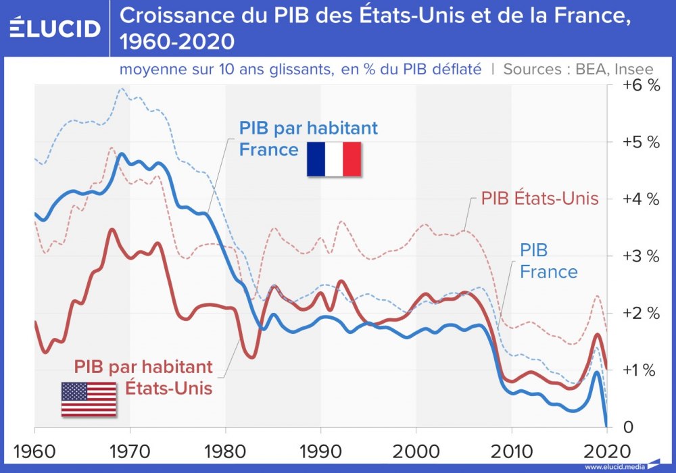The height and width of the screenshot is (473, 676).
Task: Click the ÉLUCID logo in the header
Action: pyautogui.click(x=55, y=28)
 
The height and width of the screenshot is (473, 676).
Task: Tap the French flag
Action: pyautogui.click(x=333, y=159)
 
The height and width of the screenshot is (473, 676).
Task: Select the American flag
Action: pyautogui.click(x=89, y=399)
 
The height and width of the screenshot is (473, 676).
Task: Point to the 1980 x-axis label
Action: pyautogui.click(x=225, y=449)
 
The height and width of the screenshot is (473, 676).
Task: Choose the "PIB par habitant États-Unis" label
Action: pyautogui.click(x=143, y=378)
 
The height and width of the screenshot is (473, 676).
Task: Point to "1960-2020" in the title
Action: pyautogui.click(x=177, y=43)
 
